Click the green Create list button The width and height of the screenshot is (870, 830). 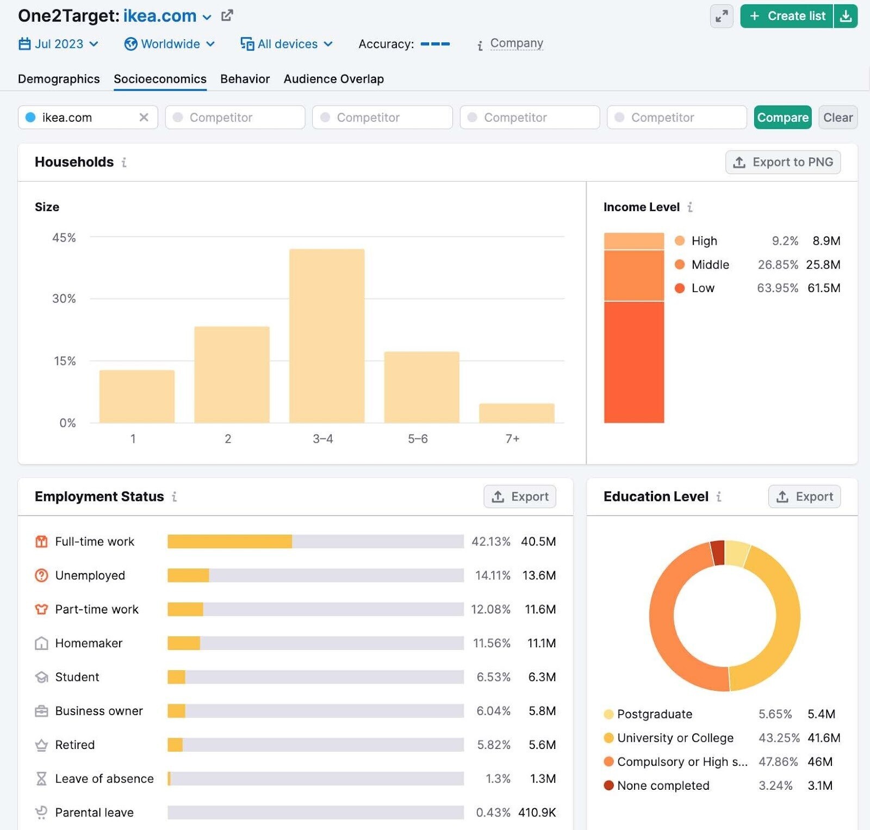coord(787,16)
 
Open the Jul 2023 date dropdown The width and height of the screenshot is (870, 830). coord(59,44)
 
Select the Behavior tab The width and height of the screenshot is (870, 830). coord(245,79)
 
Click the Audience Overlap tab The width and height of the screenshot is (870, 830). coord(333,79)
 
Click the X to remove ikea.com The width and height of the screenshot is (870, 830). coord(144,117)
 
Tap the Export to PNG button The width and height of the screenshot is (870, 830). coord(782,162)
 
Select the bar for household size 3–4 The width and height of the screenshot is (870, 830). coord(326,336)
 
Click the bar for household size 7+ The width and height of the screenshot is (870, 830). coord(516,413)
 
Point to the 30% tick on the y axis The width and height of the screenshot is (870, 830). coord(64,299)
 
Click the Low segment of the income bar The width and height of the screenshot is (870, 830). coord(633,362)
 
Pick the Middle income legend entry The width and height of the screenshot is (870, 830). coord(710,265)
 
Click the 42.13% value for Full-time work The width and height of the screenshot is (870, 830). coord(490,542)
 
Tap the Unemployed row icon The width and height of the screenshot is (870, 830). coord(41,575)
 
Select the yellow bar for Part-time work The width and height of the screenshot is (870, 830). coord(185,609)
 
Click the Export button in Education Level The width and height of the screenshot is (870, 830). coord(804,497)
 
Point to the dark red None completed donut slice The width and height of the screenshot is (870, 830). coord(718,553)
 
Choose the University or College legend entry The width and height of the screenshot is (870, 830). coord(675,738)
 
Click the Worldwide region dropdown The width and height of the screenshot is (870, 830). coord(170,44)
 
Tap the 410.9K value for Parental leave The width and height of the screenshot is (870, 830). coord(537,813)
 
